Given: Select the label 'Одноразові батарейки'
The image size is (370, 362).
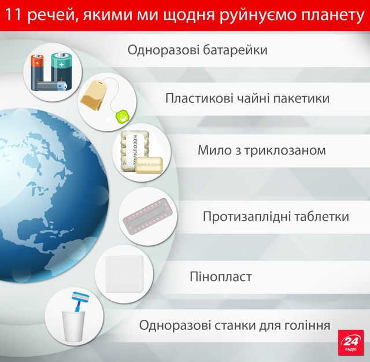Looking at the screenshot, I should pyautogui.click(x=198, y=49).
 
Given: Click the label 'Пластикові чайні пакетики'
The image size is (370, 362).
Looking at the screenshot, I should pyautogui.click(x=247, y=98).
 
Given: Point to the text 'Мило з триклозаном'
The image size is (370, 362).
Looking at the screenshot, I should pyautogui.click(x=261, y=150).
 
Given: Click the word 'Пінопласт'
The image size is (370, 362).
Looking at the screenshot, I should pyautogui.click(x=221, y=276).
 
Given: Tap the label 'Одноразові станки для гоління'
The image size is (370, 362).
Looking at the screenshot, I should pyautogui.click(x=235, y=324).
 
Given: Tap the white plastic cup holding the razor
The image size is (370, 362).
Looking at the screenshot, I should pyautogui.click(x=73, y=328).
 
